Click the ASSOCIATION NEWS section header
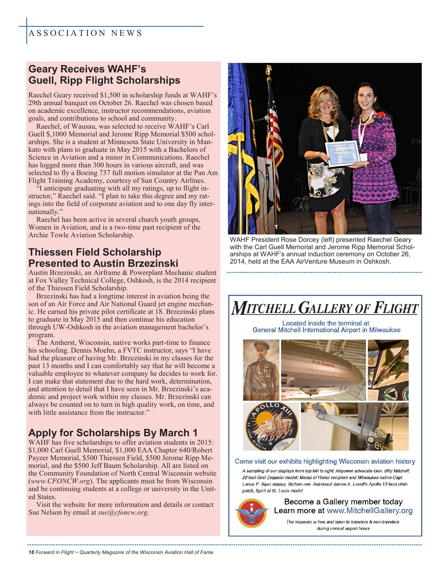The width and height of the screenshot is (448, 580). click(x=85, y=33)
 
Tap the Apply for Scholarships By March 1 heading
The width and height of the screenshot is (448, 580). click(x=113, y=432)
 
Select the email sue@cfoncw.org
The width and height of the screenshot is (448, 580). click(x=123, y=512)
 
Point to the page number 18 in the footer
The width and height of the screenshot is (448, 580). click(x=31, y=552)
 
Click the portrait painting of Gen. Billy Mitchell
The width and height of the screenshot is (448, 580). click(x=261, y=370)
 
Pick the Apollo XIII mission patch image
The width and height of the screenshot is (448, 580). click(x=271, y=426)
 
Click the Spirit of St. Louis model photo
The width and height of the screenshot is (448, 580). click(x=354, y=426)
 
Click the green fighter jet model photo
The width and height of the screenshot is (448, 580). click(x=388, y=370)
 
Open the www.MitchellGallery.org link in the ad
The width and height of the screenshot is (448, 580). click(x=369, y=510)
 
